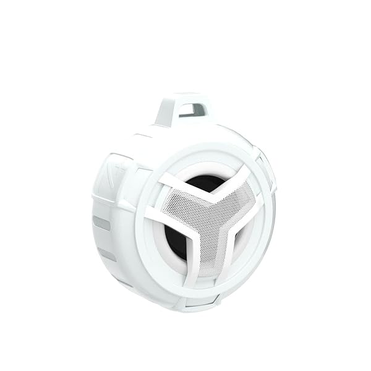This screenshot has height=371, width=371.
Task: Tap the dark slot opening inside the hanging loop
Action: click(x=194, y=111)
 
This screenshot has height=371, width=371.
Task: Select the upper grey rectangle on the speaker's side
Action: click(x=101, y=223)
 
